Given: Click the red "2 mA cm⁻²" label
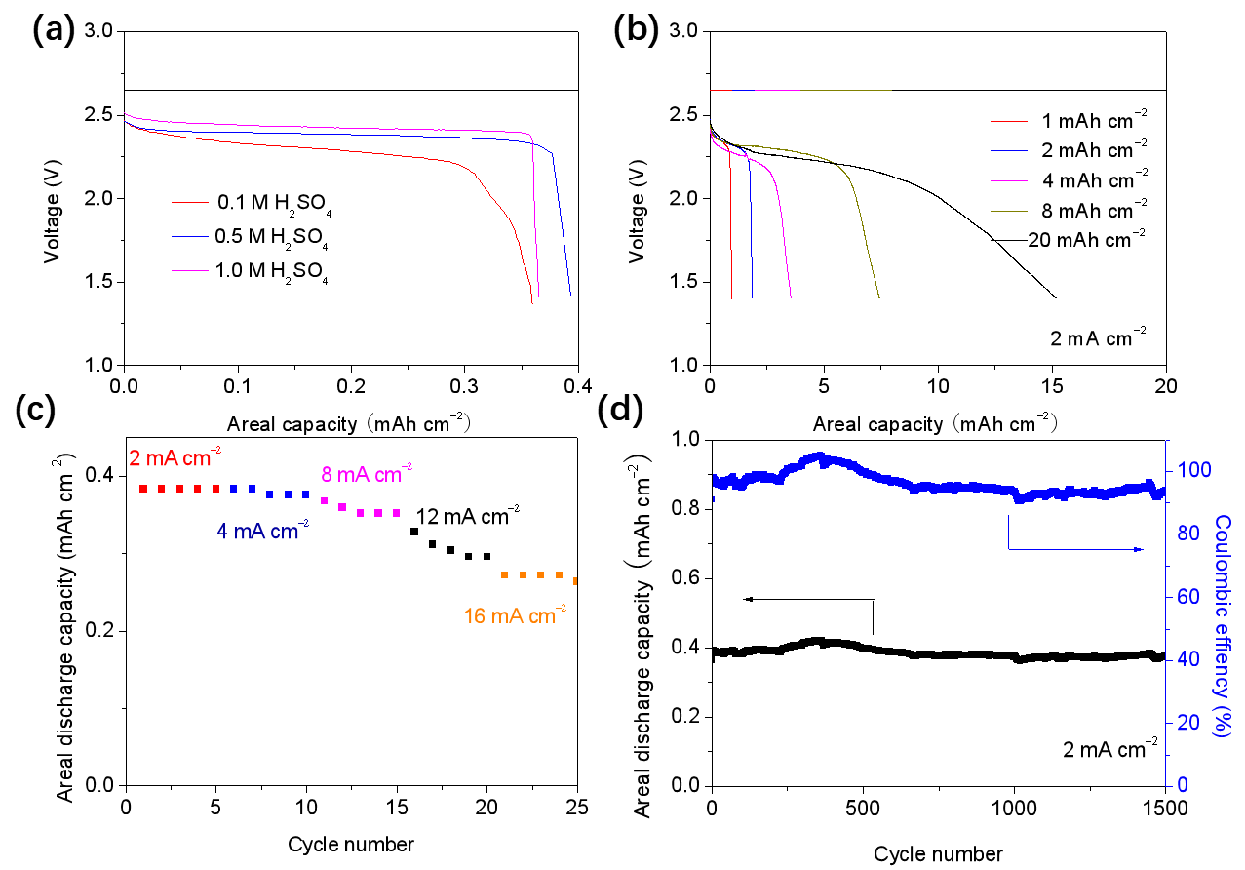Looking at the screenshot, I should pos(175,457).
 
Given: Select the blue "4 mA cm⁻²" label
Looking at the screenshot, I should pos(262,533).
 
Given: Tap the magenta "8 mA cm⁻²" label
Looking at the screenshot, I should pos(366,475).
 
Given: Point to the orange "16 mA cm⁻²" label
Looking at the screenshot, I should pos(515,616).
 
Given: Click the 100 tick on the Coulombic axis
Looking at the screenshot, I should pos(1193,470).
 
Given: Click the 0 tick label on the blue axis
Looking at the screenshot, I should pos(1183,785).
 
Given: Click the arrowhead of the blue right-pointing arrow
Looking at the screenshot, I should pos(1138,550).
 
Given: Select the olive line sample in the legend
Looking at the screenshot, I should pos(1009,211).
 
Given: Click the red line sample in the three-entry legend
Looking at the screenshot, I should pos(190,203).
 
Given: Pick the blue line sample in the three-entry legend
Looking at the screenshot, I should pos(190,236).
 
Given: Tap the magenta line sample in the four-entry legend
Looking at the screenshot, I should pos(1009,181).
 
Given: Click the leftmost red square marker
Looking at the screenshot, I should pos(143,488).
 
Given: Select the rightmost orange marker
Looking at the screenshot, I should pos(575,581).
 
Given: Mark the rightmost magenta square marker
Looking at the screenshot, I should pos(397,513).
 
